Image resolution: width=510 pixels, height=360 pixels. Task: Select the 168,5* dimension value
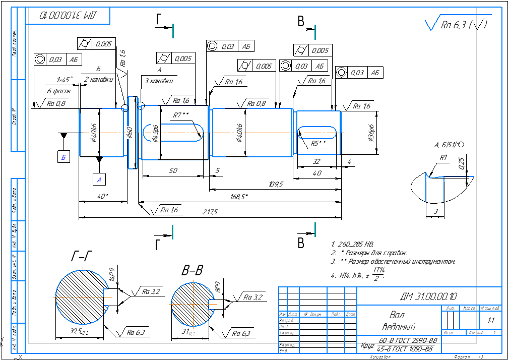239,197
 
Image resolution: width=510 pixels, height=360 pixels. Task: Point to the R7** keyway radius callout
180,115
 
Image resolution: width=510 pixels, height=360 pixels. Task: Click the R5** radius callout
318,143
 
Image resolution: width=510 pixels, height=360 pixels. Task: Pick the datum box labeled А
99,179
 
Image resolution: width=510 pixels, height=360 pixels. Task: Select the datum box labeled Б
63,157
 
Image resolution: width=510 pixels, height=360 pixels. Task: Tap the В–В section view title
192,271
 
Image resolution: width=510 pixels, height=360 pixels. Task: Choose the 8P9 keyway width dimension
218,287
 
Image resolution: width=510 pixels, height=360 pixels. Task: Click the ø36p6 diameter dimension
372,132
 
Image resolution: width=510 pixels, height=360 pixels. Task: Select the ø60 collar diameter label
130,133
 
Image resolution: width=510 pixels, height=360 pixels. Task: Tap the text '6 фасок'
58,91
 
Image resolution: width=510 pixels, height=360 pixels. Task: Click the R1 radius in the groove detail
443,158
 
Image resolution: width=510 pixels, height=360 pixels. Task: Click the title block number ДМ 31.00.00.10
429,296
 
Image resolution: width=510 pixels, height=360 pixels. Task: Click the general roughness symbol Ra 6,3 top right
457,24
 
